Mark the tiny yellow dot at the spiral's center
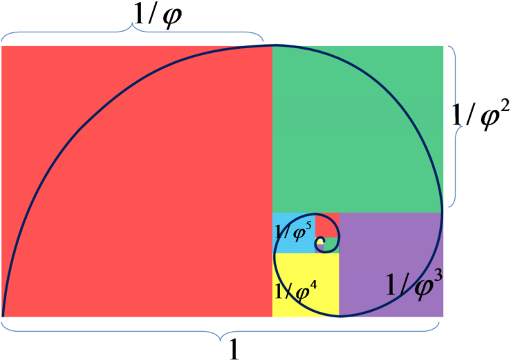pos(319,242)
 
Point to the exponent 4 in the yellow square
pos(314,282)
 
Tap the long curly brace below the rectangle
pos(220,333)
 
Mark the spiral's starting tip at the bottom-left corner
pos(3,316)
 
